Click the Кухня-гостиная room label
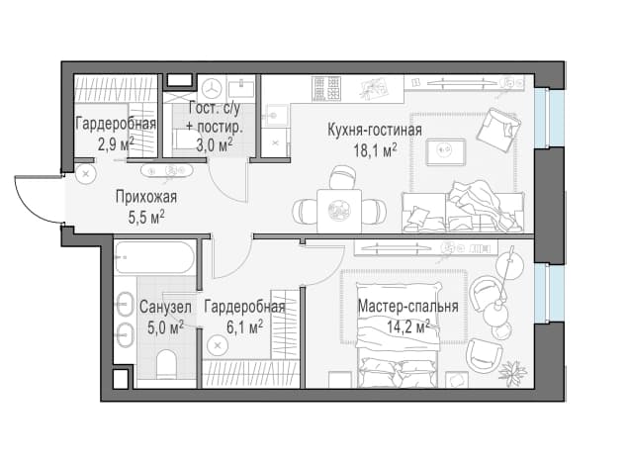(375, 130)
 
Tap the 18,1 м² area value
(375, 150)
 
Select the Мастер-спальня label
(407, 306)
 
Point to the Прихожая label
(146, 197)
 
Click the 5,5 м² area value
(146, 218)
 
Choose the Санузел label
(165, 308)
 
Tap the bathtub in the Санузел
(154, 257)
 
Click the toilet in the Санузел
(166, 364)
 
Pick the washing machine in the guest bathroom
(212, 88)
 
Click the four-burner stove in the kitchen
(326, 88)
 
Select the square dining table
(339, 211)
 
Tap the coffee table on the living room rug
(445, 151)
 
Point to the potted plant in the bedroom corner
(512, 370)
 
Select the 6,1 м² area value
(244, 327)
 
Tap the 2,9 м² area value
(116, 144)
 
